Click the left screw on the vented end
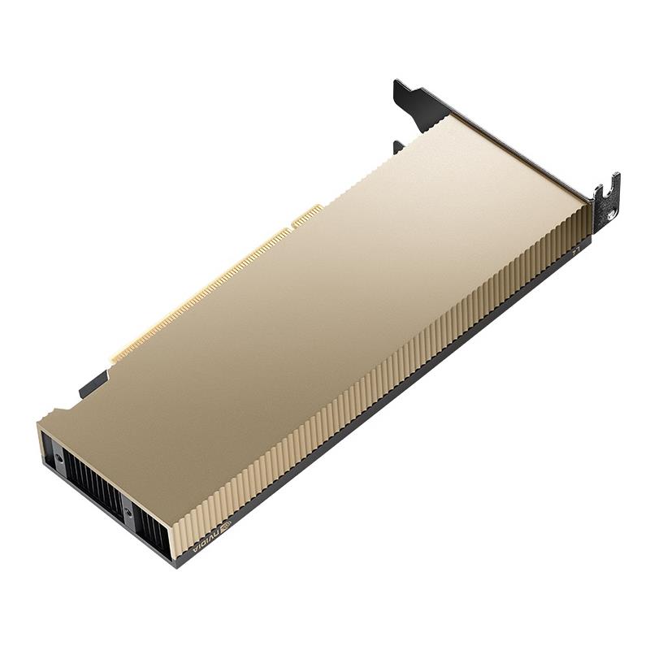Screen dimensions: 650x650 coord(60,459)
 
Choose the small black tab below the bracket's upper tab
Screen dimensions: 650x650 coord(397,147)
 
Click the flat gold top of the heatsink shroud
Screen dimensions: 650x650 coord(325,309)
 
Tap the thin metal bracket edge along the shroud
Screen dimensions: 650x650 coord(520,154)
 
